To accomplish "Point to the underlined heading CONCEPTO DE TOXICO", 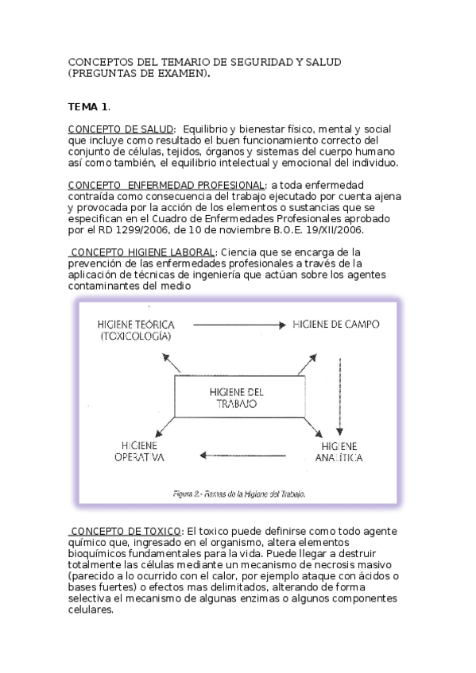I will click(x=126, y=529).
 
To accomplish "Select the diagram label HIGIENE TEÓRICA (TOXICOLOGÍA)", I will click(x=135, y=331).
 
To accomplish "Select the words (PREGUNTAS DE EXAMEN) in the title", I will click(x=139, y=73).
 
